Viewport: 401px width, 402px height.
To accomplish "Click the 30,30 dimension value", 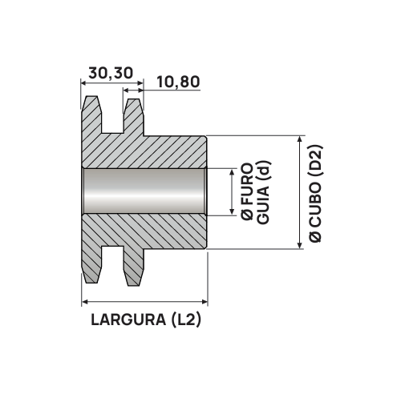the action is point(111,73).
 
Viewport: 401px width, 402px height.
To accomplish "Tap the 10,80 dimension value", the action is point(178,82).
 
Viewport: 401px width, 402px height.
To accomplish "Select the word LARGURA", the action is point(128,320).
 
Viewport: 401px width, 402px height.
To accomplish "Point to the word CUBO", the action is point(315,205).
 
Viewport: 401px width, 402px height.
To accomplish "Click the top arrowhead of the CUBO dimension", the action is point(300,139).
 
